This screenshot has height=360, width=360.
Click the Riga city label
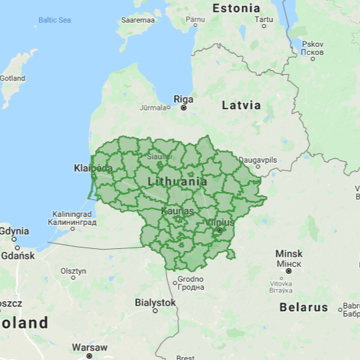click(x=183, y=99)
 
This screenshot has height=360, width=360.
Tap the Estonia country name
click(x=236, y=9)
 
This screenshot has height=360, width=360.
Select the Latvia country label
click(x=241, y=105)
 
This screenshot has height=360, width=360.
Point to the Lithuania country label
click(x=177, y=181)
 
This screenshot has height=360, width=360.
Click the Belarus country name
click(x=304, y=307)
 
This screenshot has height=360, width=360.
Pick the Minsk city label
click(x=289, y=254)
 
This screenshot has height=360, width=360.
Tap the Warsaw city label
click(x=90, y=347)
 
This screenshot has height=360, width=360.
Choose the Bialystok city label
click(x=155, y=302)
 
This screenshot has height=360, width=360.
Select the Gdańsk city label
click(x=17, y=256)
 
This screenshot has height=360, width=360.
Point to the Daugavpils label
click(x=258, y=161)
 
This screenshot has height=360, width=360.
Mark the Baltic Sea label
click(x=54, y=20)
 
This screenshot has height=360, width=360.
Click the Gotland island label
click(x=12, y=78)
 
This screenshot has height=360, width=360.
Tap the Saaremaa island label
click(x=137, y=20)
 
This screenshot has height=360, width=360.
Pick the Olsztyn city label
click(x=74, y=271)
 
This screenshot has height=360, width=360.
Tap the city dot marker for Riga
click(x=183, y=108)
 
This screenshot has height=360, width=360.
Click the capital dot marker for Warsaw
click(x=89, y=356)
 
